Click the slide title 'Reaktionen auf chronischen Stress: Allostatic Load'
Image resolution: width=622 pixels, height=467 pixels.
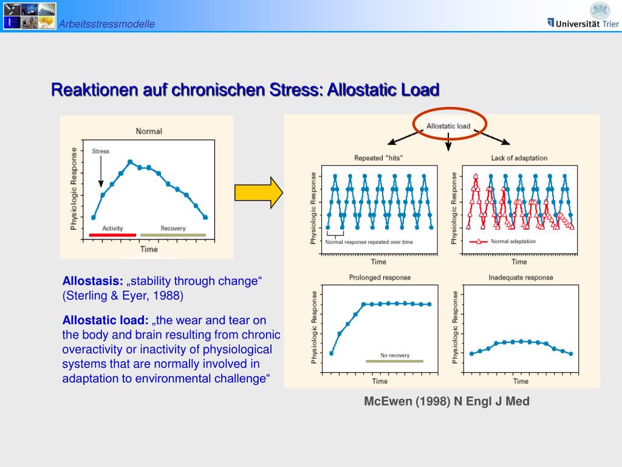[x=245, y=90]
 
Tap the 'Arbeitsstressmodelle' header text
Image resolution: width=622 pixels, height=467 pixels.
[x=107, y=24]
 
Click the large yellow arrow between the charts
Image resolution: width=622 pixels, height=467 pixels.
[x=259, y=193]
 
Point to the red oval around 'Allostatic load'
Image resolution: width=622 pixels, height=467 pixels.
[x=448, y=126]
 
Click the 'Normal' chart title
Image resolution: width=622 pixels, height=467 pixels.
[x=149, y=131]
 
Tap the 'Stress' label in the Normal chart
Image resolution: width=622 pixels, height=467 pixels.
[x=100, y=151]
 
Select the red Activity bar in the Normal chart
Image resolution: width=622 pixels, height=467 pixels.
[x=112, y=235]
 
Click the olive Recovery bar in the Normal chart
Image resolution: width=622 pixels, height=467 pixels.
[x=173, y=235]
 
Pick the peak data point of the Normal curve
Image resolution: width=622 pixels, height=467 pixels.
[x=130, y=162]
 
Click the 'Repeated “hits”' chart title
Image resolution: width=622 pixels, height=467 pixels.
[x=378, y=158]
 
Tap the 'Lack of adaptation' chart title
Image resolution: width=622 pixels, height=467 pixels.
[x=519, y=158]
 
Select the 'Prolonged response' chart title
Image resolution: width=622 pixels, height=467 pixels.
[x=380, y=277]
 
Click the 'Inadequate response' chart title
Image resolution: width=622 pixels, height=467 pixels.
[x=521, y=277]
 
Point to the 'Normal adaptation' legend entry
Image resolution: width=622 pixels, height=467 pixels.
[x=503, y=241]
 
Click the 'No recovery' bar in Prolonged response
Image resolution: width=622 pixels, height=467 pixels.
[x=394, y=361]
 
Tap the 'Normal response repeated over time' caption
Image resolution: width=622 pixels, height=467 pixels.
[x=369, y=242]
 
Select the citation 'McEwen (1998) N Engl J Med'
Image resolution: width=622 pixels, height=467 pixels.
[x=446, y=401]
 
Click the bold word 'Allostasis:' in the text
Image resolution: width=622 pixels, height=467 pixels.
[x=92, y=281]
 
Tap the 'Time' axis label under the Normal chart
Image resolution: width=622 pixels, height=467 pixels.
[x=149, y=249]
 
